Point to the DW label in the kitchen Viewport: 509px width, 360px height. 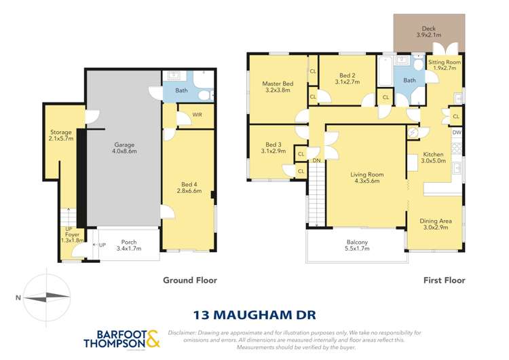(x=457, y=132)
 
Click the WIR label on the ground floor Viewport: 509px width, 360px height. (x=197, y=115)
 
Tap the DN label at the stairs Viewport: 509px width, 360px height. (x=317, y=160)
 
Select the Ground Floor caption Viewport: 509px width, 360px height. (x=189, y=280)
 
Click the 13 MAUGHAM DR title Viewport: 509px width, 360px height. (x=253, y=314)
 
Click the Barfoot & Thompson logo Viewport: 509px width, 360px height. (x=121, y=339)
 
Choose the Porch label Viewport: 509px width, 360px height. (x=128, y=242)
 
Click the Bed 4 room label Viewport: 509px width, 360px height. (x=189, y=184)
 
